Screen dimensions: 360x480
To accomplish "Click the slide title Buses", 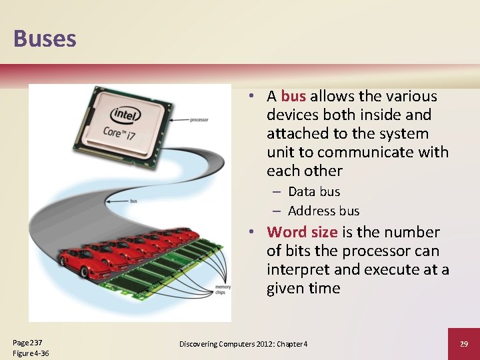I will (45, 38).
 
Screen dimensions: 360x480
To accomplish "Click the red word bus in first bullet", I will (293, 97).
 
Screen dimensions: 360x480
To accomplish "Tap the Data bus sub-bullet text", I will (314, 192).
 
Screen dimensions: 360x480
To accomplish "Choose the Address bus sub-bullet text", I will (323, 211).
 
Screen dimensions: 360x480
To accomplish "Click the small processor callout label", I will (199, 120).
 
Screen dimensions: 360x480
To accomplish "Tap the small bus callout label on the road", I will (133, 200).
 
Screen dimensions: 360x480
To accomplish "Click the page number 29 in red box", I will (464, 343).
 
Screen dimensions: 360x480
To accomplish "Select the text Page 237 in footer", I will (27, 342).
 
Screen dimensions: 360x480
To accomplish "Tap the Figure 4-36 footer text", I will (31, 353).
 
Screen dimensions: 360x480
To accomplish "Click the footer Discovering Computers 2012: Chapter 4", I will (243, 344).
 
